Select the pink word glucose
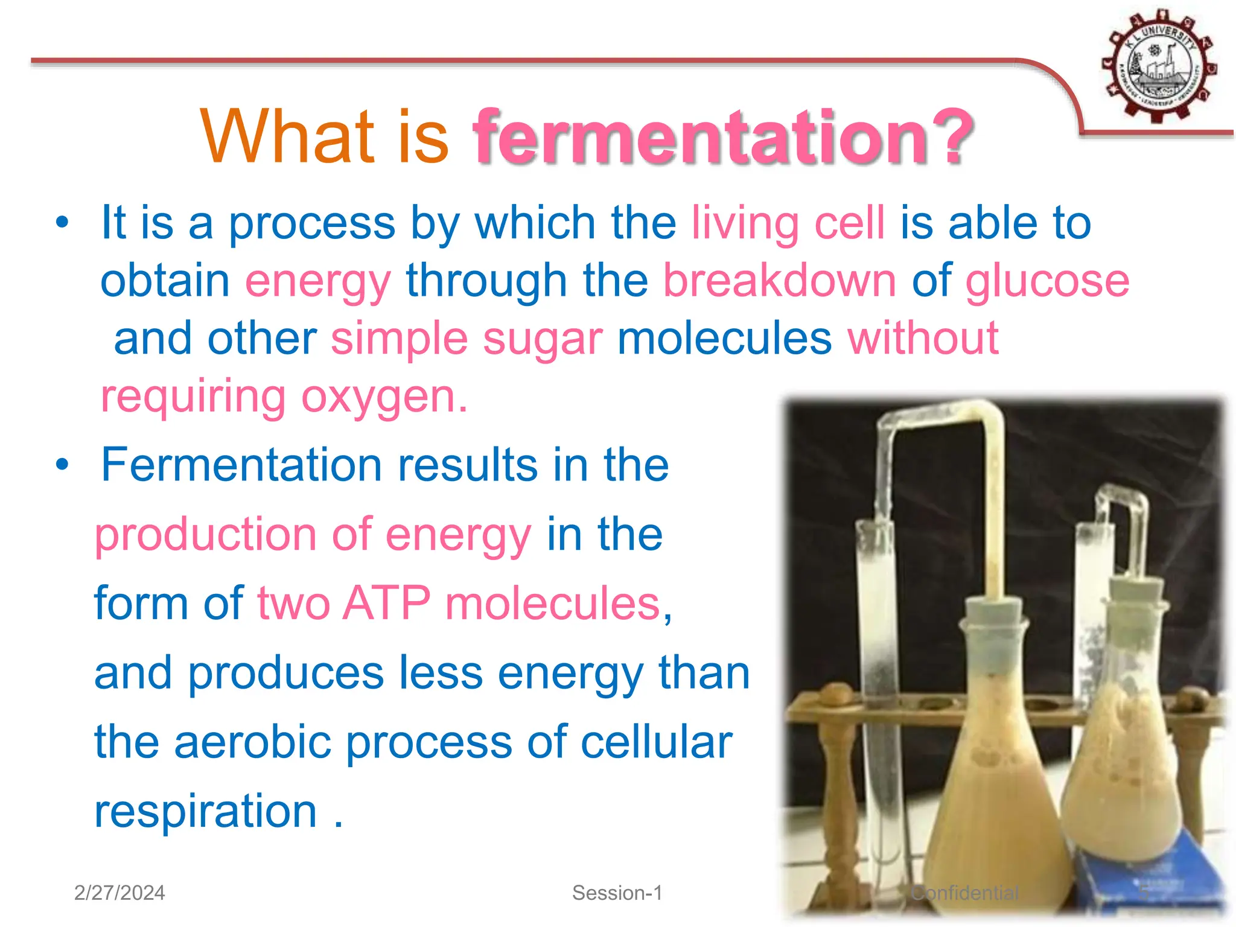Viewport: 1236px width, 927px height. [x=1047, y=281]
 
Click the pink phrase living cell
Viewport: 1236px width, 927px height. [x=788, y=223]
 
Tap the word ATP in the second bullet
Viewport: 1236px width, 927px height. [x=386, y=603]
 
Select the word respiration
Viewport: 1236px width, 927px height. [x=206, y=811]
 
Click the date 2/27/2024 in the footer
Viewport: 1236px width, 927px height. [x=119, y=893]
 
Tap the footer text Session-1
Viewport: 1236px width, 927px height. [x=617, y=893]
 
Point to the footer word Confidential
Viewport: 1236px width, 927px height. [x=964, y=893]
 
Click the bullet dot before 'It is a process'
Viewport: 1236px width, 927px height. [x=62, y=223]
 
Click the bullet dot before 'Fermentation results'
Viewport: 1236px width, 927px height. [x=62, y=465]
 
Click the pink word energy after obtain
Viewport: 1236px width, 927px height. [x=318, y=281]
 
